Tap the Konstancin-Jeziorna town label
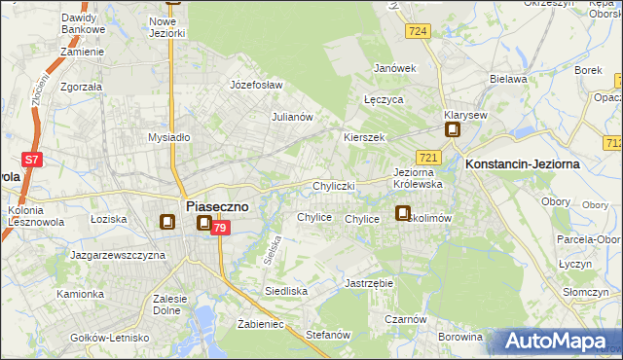pyautogui.click(x=523, y=164)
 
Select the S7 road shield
pyautogui.click(x=32, y=159)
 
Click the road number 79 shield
pyautogui.click(x=221, y=228)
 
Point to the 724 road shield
pyautogui.click(x=420, y=32)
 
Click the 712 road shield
pyautogui.click(x=613, y=143)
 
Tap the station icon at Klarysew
pyautogui.click(x=453, y=128)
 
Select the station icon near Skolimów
pyautogui.click(x=403, y=213)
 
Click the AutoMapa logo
pyautogui.click(x=559, y=342)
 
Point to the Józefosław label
pyautogui.click(x=255, y=85)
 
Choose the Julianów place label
pyautogui.click(x=291, y=117)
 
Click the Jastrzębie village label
pyautogui.click(x=368, y=283)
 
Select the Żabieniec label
pyautogui.click(x=260, y=324)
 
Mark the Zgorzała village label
pyautogui.click(x=83, y=86)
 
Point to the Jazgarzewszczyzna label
pyautogui.click(x=118, y=255)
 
